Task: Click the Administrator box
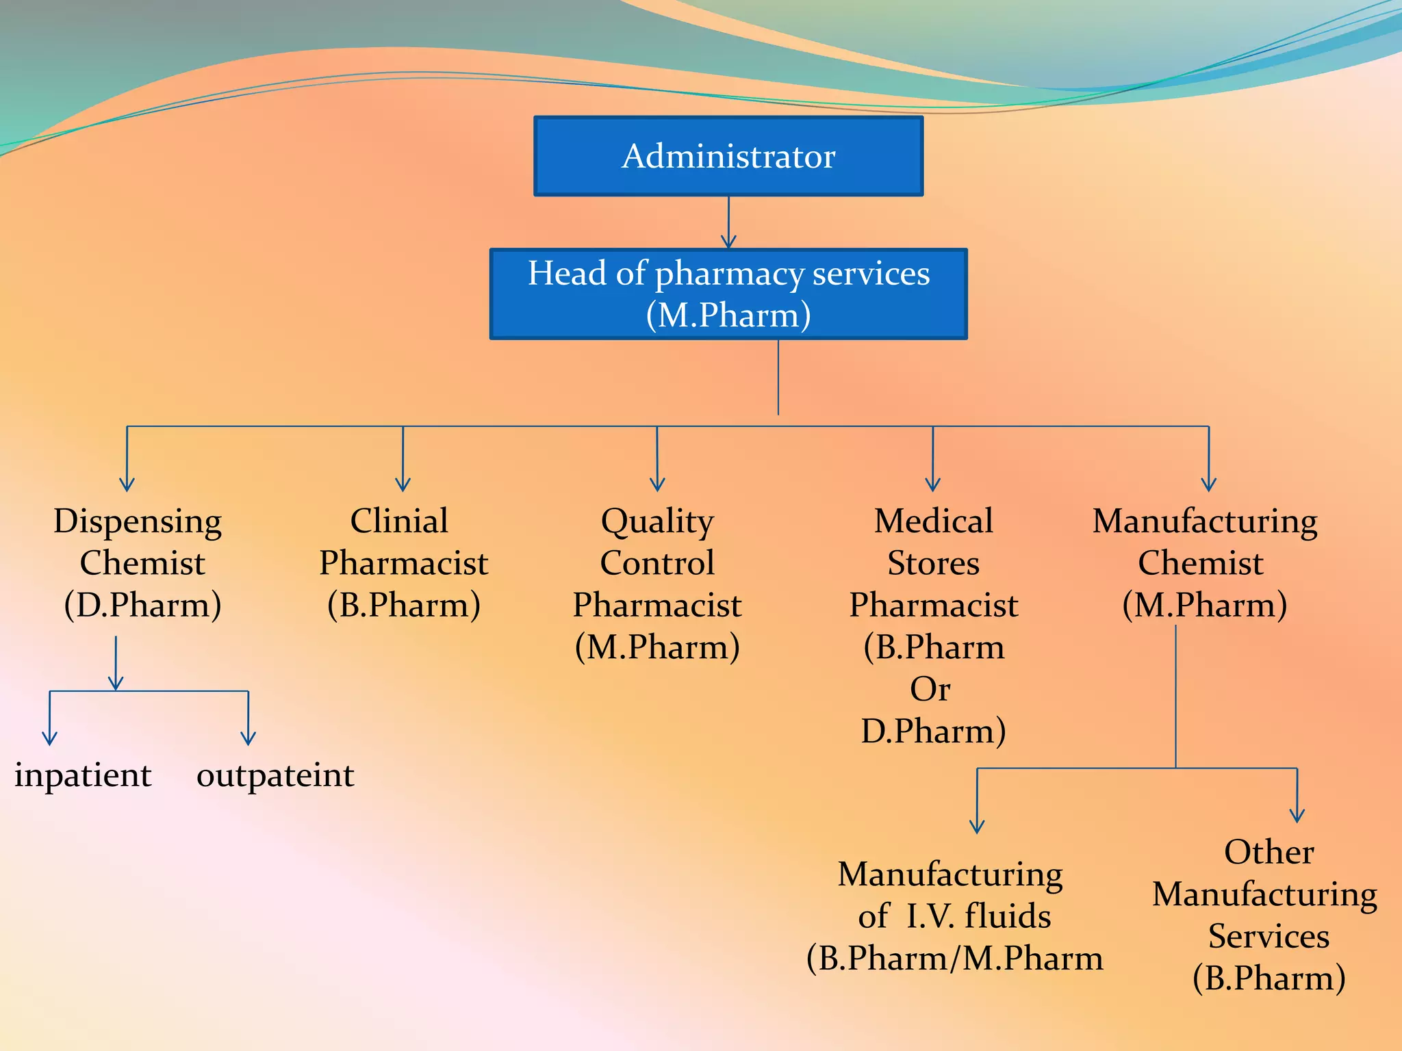coord(728,156)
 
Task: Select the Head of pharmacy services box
coord(728,294)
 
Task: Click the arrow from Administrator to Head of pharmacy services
coord(728,222)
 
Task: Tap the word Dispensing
coord(138,522)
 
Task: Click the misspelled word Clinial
coord(399,521)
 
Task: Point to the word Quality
coord(657,522)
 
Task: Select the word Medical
coord(933,521)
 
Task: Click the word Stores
coord(933,563)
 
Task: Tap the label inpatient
coord(83,775)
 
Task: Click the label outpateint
coord(275,775)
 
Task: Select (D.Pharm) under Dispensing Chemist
coord(142,605)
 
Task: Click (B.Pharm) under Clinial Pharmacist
coord(403,605)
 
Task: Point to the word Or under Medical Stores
coord(930,688)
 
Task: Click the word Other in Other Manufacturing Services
coord(1269,852)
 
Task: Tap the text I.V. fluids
coord(978,916)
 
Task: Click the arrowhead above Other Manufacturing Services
coord(1297,814)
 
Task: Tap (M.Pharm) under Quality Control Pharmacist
coord(657,647)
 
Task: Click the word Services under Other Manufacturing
coord(1269,936)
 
